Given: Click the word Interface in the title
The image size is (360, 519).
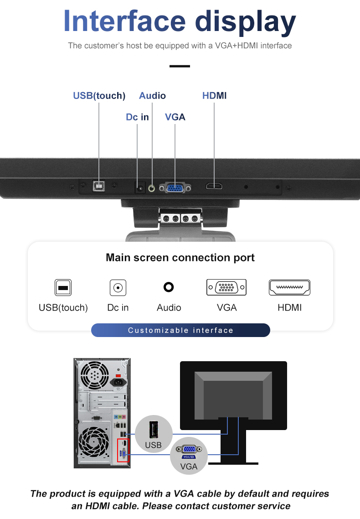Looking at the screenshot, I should [x=124, y=21].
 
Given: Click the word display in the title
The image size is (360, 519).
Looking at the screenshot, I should [x=246, y=22].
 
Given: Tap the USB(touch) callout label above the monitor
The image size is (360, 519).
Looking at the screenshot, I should [x=99, y=96].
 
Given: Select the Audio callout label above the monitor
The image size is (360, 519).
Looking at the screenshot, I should [x=152, y=96].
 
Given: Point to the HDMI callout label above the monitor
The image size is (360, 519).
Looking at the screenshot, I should [x=214, y=96].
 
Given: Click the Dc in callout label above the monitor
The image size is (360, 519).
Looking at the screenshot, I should [x=137, y=117].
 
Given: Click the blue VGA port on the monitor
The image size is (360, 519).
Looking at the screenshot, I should [x=175, y=187].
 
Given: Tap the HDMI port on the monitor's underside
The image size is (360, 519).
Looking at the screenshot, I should [x=214, y=186].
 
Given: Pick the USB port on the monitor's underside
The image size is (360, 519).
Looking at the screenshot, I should [x=99, y=186].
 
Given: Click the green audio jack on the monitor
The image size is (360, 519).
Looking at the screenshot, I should [x=152, y=187].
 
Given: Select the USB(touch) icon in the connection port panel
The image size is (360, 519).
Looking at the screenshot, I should [x=63, y=288].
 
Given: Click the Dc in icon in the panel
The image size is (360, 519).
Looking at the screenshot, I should [x=118, y=288].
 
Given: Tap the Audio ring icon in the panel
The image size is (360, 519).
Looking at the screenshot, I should [x=169, y=287].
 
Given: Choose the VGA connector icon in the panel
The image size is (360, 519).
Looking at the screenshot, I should [x=226, y=287].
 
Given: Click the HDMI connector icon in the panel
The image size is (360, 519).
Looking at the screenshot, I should [x=290, y=287].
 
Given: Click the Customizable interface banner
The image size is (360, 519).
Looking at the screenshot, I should [x=180, y=330].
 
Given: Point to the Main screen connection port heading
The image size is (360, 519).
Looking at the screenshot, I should [x=180, y=258].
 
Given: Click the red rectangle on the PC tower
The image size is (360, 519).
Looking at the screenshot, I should [x=123, y=450].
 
